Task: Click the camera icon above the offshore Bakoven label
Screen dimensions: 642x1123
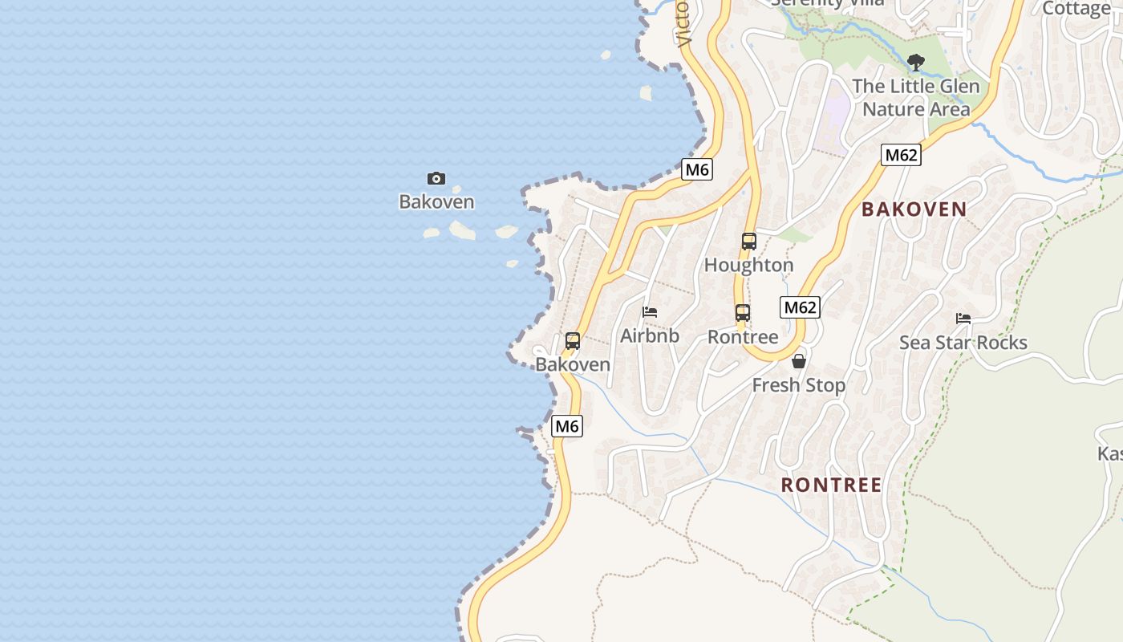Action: click(x=436, y=178)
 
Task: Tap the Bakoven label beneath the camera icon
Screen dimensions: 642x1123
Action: click(x=436, y=201)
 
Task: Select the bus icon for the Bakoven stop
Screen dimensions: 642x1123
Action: click(x=573, y=341)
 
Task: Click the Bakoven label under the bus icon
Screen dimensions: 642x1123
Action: click(x=573, y=364)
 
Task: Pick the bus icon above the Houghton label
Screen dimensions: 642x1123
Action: click(x=748, y=241)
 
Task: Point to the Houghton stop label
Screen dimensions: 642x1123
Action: click(x=748, y=265)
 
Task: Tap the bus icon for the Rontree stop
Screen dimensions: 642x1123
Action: click(x=743, y=313)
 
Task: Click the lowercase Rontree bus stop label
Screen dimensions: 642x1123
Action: click(x=743, y=337)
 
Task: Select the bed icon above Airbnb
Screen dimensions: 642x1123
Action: click(x=650, y=312)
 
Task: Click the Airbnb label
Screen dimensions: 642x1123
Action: click(x=650, y=335)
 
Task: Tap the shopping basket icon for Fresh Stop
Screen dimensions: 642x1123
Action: click(x=798, y=362)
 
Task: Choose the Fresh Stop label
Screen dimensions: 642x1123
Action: click(x=798, y=385)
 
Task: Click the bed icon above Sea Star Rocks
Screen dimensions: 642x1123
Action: click(x=963, y=319)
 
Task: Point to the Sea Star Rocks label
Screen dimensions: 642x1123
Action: click(x=963, y=343)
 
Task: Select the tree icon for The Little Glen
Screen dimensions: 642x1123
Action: click(x=915, y=62)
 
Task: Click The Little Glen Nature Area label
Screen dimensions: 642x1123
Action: click(x=916, y=97)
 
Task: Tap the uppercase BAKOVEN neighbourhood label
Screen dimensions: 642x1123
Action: click(x=914, y=209)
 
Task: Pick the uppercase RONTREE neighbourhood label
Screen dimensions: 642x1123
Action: click(x=831, y=485)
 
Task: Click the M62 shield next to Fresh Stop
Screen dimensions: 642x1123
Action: click(x=801, y=307)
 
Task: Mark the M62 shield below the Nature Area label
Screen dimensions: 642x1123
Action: click(x=900, y=155)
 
